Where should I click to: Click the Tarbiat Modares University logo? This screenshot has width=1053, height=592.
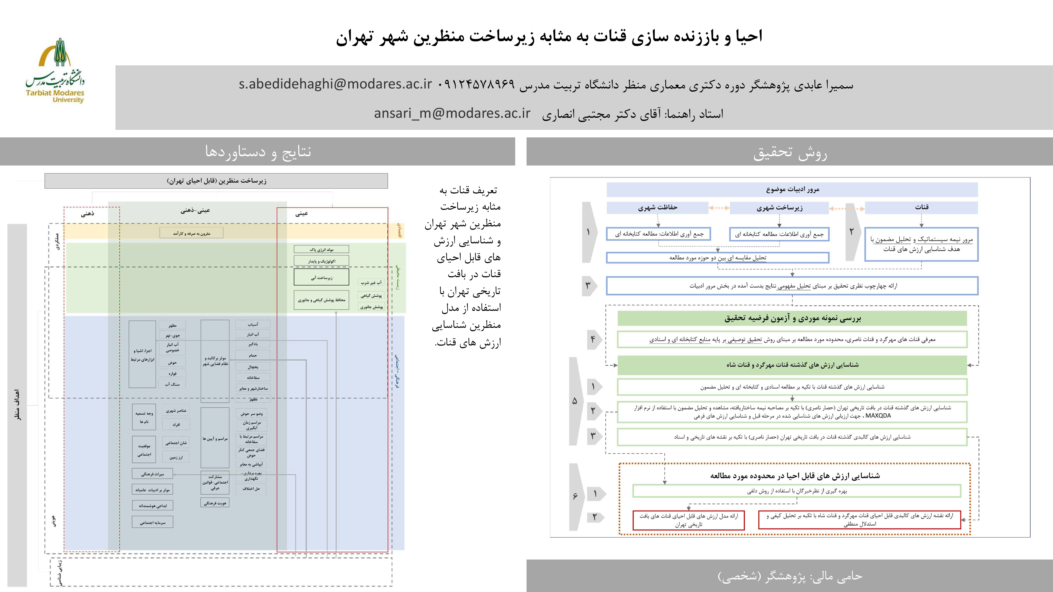[x=55, y=72]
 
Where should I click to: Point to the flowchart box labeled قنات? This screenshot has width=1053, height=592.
[x=921, y=207]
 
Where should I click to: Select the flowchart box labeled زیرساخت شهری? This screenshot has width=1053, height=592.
[x=779, y=208]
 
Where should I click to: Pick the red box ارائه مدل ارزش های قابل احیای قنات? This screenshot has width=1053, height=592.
[x=688, y=520]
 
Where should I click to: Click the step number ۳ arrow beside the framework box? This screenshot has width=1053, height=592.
[x=589, y=286]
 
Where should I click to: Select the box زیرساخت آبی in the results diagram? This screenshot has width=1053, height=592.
[x=321, y=277]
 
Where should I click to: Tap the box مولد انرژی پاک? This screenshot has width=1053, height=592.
[x=321, y=249]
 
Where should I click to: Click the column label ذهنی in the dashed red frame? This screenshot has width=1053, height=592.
[x=87, y=214]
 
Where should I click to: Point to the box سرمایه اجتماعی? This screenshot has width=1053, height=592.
[x=152, y=522]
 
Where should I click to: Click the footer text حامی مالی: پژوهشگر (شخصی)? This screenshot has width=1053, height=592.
[x=790, y=576]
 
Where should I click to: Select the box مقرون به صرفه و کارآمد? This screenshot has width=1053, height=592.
[x=191, y=233]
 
